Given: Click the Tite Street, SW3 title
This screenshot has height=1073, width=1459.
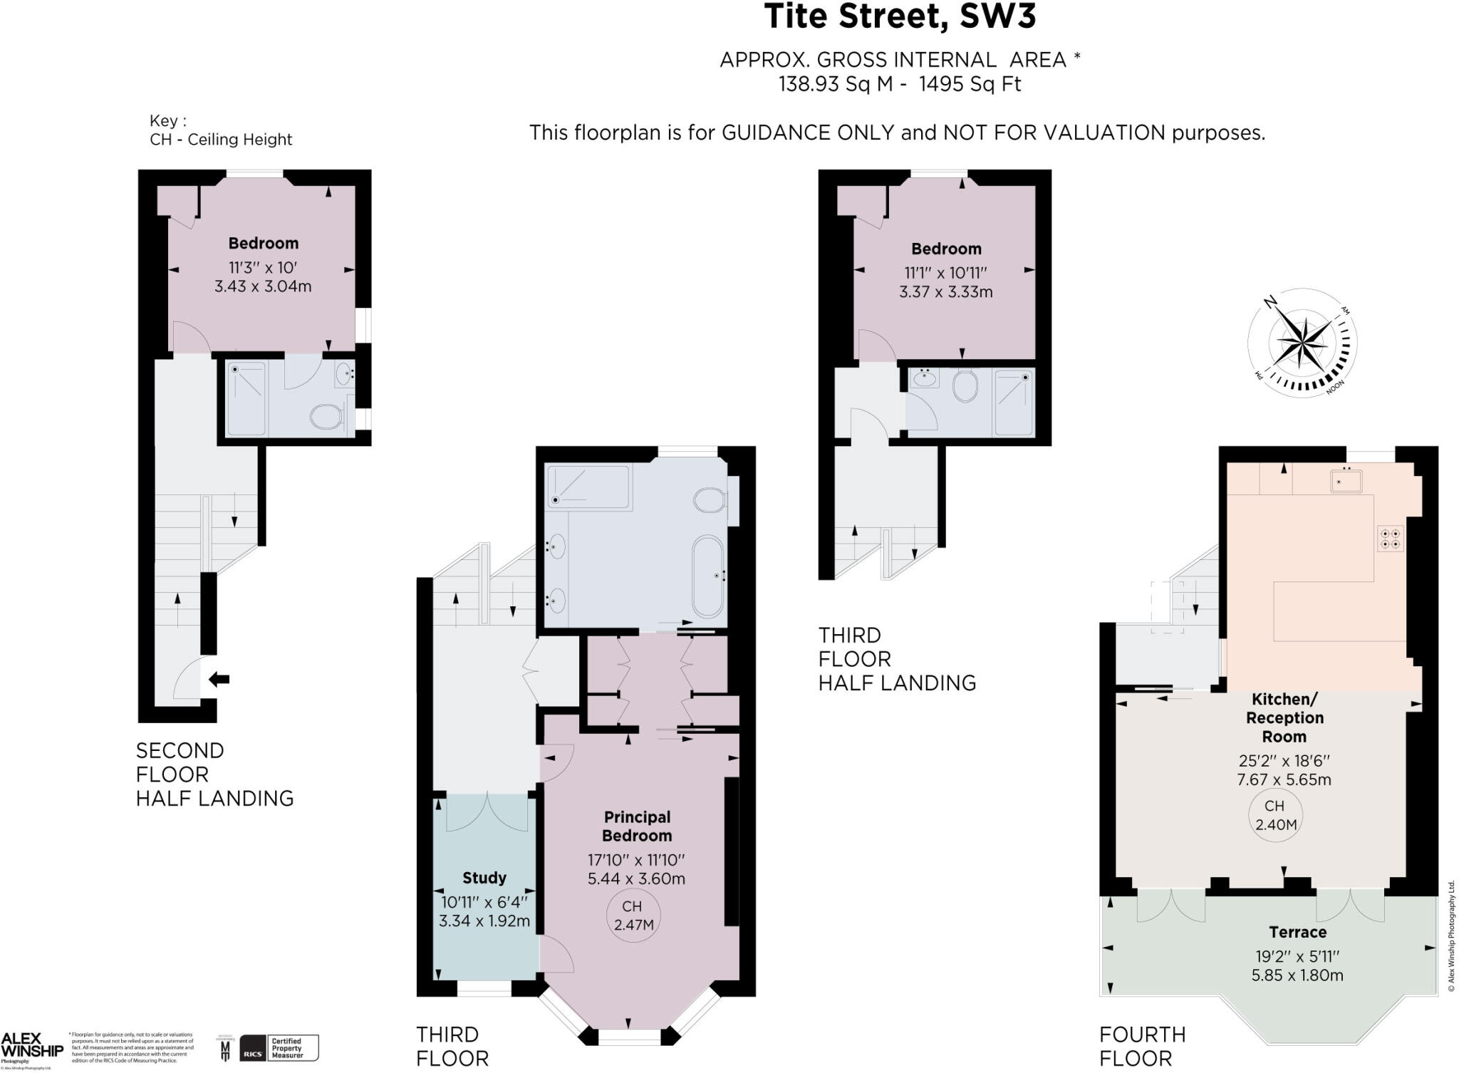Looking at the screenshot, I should tap(899, 17).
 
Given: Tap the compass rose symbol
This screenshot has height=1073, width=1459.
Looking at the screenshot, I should tap(1303, 343).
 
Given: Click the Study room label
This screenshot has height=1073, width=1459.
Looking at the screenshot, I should tap(484, 878).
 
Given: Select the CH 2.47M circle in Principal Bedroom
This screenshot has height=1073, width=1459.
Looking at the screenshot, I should tap(633, 916).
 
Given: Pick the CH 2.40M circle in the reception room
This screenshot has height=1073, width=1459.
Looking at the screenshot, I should tap(1274, 816).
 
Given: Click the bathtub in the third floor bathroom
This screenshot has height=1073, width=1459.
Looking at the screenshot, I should tap(708, 576).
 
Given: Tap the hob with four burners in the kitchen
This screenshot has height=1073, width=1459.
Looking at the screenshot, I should tap(1391, 539).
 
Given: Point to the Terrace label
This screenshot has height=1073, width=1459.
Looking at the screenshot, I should tap(1297, 932).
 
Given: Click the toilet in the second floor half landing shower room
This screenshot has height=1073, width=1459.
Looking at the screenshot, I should tap(328, 417).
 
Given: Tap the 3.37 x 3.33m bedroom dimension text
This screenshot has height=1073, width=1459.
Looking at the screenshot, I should tap(945, 292).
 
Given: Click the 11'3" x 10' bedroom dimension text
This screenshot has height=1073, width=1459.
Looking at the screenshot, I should tap(262, 268).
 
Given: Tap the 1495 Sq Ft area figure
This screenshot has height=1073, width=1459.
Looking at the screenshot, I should tap(970, 85).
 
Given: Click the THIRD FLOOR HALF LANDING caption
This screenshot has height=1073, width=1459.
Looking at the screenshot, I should tap(896, 659).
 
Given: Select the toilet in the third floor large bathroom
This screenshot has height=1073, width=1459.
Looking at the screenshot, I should tap(710, 500).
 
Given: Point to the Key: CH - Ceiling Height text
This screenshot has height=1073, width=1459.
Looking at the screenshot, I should tap(220, 130).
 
